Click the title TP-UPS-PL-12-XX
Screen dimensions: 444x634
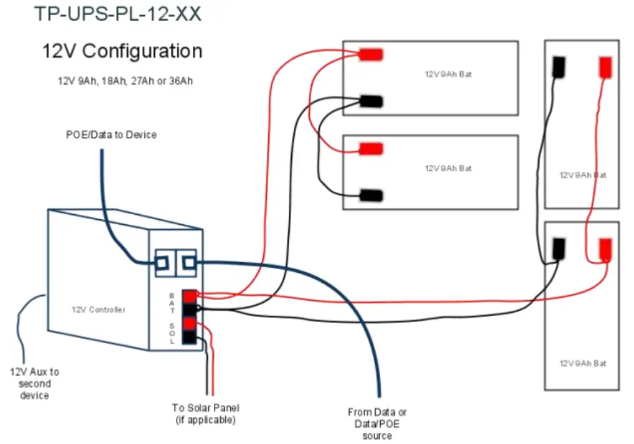118,14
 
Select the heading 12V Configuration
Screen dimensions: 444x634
122,50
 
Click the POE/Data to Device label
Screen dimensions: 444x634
111,135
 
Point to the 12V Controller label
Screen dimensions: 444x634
98,309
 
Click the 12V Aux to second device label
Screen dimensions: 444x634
34,383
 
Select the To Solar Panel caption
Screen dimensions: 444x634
206,413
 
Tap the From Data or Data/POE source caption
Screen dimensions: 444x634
377,423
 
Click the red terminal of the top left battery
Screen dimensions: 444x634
371,55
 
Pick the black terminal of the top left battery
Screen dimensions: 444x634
371,101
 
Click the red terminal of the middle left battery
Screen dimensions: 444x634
371,149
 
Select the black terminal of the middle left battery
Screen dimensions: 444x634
371,195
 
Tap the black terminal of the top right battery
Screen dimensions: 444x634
559,66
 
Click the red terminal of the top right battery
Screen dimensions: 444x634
605,67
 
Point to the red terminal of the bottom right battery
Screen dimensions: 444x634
605,248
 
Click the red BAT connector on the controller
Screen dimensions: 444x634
189,296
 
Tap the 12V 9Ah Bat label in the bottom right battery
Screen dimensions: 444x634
582,363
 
